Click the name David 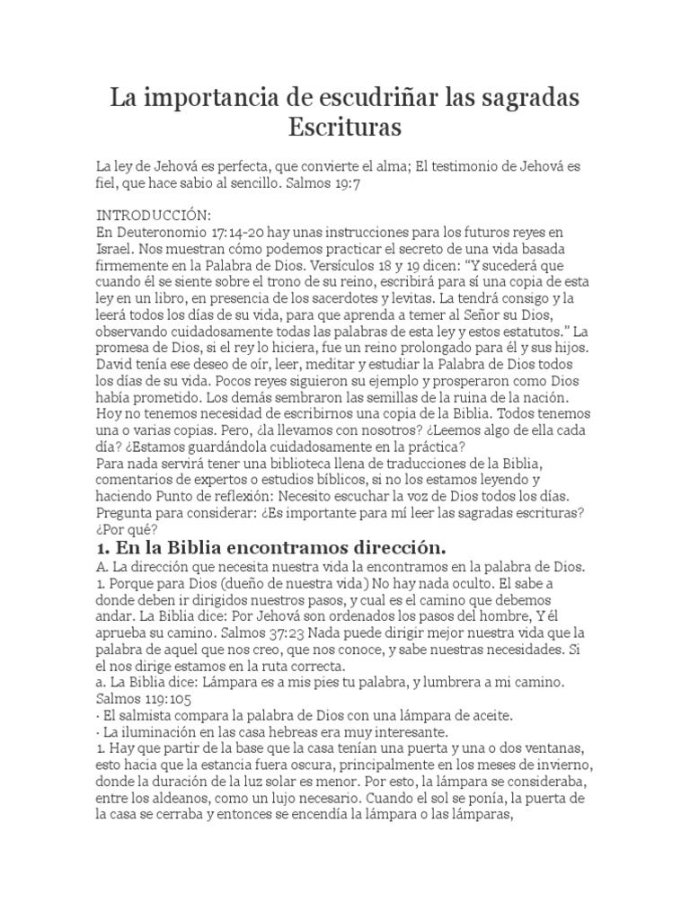tap(117, 362)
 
